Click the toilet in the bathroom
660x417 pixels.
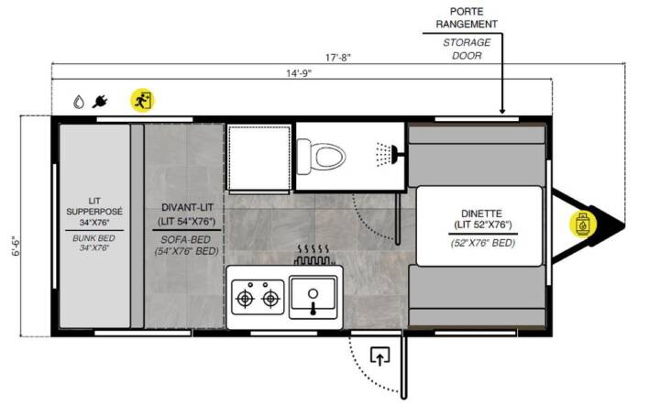[321, 157]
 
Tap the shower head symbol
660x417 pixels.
[390, 155]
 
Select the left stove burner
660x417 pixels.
[245, 299]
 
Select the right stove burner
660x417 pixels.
[270, 299]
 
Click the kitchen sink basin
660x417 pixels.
[313, 297]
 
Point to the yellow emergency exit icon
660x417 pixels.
[143, 100]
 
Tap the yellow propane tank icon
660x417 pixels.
[583, 225]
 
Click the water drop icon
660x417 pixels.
[79, 102]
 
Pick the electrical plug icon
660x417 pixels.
[100, 102]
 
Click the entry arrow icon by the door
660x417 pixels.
[379, 356]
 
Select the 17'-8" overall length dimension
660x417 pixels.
[338, 57]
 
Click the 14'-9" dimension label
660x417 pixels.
[299, 73]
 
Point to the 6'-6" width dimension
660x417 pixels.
[16, 247]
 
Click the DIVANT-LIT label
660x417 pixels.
[187, 207]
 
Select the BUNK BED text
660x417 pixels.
[93, 238]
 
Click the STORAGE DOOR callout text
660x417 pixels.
[467, 49]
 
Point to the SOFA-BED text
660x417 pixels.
[185, 240]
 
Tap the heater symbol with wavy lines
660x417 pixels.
[314, 254]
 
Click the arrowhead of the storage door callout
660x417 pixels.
[502, 111]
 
